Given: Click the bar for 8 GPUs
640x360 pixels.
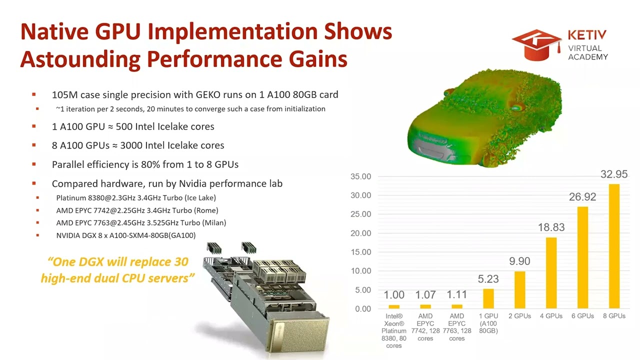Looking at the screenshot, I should point(614,246).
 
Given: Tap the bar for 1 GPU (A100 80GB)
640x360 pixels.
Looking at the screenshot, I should point(488,298).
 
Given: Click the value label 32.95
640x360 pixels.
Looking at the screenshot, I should point(614,174).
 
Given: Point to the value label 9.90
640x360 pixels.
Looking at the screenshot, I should point(519,261).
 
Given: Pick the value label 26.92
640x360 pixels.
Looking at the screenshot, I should point(582,197).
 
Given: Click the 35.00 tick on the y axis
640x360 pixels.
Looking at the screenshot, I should point(360,176).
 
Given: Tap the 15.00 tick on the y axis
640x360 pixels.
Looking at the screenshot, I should point(360,252).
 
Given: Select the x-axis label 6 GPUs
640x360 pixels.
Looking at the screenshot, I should point(582,316).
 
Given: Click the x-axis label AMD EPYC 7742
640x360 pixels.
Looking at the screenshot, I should point(425,327).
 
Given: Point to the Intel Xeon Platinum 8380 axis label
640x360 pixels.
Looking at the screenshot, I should point(394,330).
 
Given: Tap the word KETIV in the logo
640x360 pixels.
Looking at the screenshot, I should point(587,35).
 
